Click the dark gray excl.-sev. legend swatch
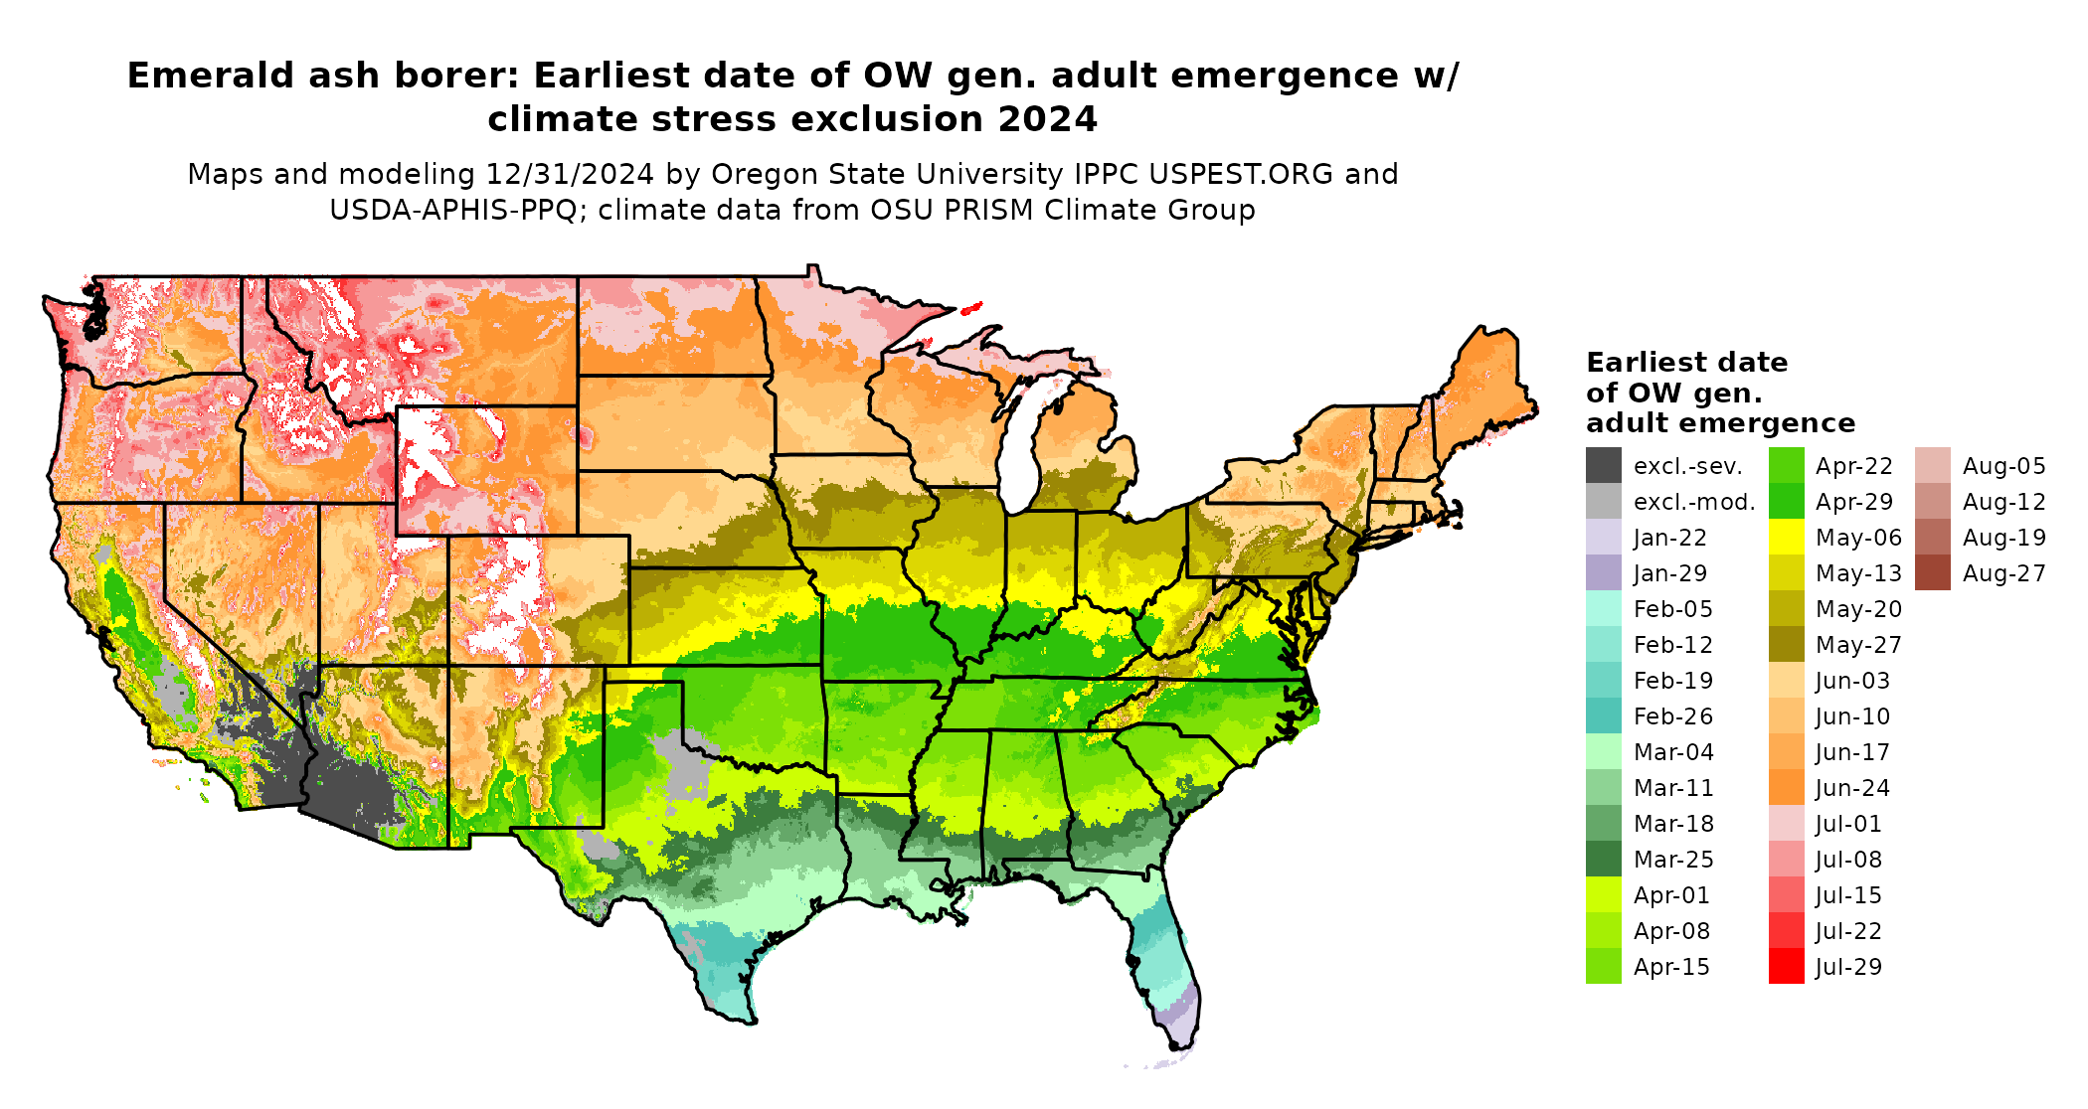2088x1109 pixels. pos(1603,465)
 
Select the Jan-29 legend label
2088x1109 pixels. pos(1669,573)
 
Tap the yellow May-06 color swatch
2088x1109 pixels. pos(1786,538)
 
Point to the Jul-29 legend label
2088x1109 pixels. pos(1848,967)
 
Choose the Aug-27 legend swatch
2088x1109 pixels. pos(1932,573)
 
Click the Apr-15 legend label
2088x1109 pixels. pos(1671,967)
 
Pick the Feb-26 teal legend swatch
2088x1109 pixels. pos(1603,715)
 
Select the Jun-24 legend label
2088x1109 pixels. pos(1852,788)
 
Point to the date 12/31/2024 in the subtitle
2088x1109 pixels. pos(570,175)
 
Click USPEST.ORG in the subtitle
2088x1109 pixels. pos(1242,175)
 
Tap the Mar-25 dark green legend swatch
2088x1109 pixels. pos(1603,860)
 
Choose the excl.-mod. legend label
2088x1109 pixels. pos(1694,502)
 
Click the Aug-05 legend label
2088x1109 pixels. pos(2003,466)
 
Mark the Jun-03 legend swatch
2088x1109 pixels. pos(1786,681)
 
